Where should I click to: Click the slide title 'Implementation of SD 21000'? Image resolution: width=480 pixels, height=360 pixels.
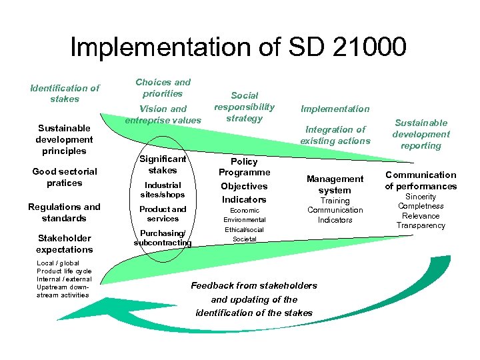pos(238,47)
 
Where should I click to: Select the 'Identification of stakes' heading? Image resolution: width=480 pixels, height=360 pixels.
pos(65,93)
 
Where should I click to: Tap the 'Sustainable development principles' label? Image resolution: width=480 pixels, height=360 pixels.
pos(64,139)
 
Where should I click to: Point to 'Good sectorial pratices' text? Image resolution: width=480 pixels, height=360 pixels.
pos(64,177)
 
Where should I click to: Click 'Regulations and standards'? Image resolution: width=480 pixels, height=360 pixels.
pos(64,213)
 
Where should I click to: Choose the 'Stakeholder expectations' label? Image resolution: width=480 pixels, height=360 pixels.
pos(64,244)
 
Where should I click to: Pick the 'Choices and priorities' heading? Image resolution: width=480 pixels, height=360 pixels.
pos(163,88)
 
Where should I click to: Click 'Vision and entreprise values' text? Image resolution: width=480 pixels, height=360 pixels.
pos(163,115)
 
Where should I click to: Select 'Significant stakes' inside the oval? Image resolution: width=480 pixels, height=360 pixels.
pos(163,165)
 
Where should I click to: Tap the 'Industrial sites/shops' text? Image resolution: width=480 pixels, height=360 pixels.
pos(163,190)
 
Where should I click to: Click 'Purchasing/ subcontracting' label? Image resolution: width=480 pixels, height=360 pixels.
pos(163,238)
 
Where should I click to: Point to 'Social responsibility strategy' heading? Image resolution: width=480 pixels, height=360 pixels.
pos(244,107)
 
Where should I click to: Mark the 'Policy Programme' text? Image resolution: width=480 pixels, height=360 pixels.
pos(244,167)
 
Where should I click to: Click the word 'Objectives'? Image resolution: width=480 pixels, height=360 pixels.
pos(244,186)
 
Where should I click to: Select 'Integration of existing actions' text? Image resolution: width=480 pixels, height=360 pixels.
pos(335,135)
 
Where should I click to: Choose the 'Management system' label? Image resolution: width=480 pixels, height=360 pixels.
pos(335,184)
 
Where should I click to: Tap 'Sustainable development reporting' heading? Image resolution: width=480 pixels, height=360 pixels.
pos(421,134)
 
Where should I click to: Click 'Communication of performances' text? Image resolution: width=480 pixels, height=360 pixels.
pos(421,181)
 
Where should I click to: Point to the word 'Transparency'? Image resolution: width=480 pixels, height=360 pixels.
pos(421,225)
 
